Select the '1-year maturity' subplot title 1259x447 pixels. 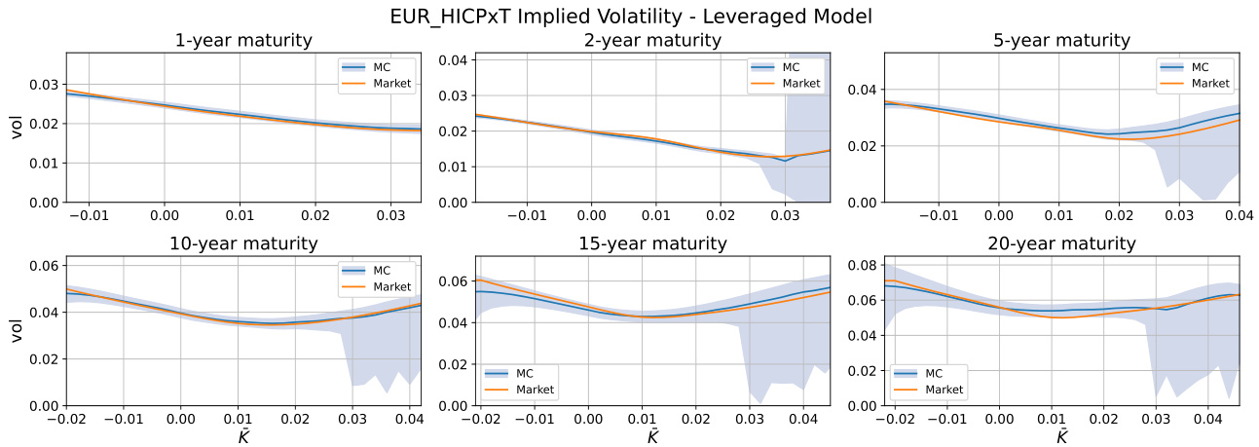pos(243,41)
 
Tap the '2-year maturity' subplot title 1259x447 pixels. pos(652,41)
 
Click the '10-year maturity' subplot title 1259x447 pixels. pos(243,243)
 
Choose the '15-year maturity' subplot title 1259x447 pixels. pos(652,243)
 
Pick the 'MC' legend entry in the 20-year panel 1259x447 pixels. pos(933,373)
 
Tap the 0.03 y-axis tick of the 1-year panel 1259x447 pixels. pos(44,85)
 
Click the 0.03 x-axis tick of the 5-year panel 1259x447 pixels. pos(1179,213)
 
